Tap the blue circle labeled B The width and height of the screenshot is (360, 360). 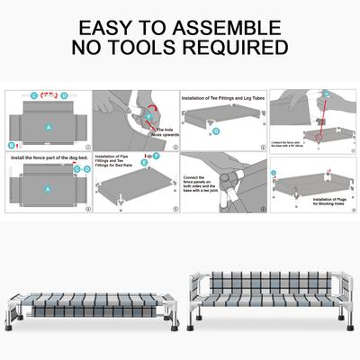tap(12, 144)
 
